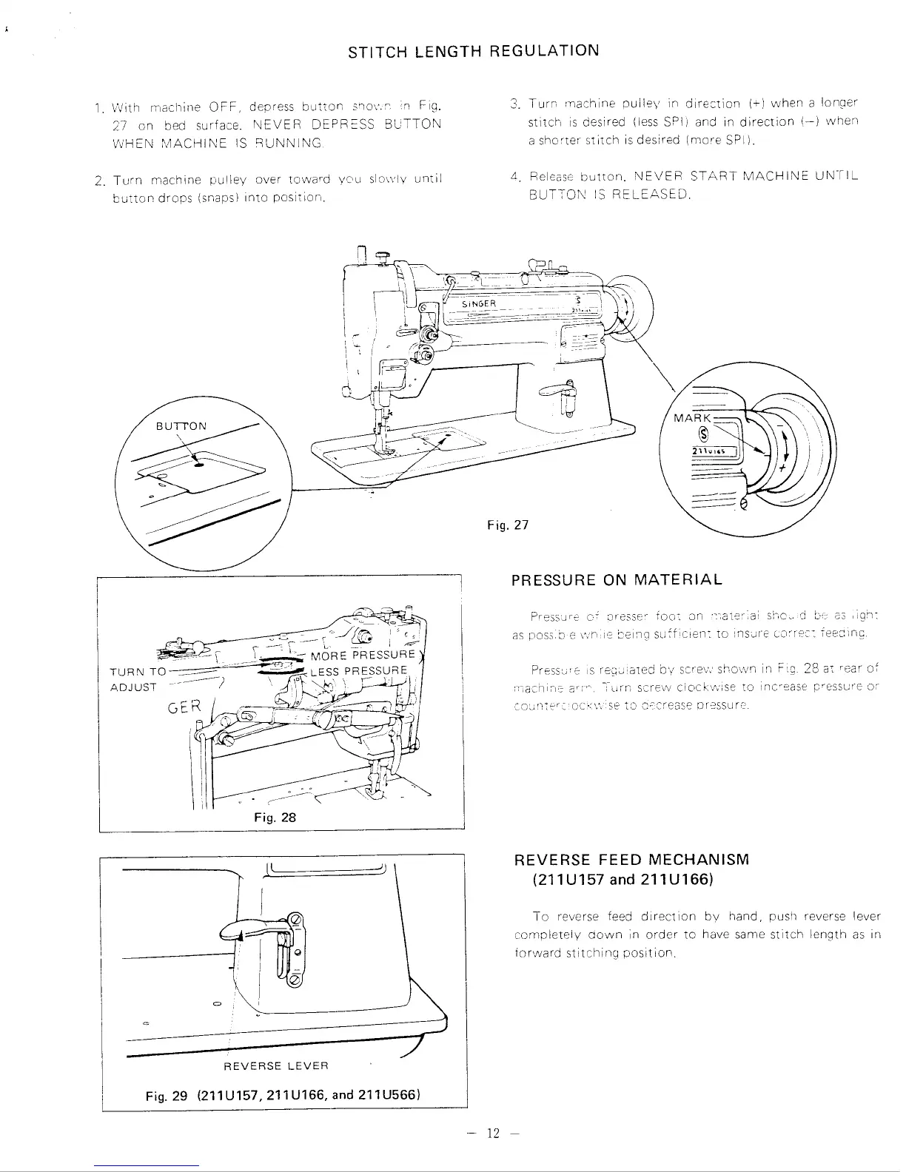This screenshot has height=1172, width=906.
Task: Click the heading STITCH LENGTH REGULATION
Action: click(474, 51)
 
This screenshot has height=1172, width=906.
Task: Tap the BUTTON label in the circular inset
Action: click(182, 426)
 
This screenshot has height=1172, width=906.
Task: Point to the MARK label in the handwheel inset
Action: click(691, 419)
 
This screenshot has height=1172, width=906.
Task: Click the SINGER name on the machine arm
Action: click(477, 303)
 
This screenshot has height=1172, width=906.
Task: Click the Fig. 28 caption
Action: click(274, 818)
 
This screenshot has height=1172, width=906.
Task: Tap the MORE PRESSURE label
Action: click(363, 656)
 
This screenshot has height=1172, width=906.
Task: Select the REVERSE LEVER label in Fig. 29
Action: click(275, 1065)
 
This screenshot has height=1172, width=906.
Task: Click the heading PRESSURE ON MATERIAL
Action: click(617, 580)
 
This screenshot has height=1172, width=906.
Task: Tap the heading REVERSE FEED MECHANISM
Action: click(631, 860)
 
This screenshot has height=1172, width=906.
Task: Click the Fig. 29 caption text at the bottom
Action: click(283, 1095)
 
